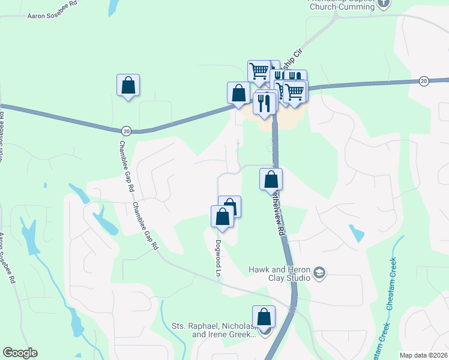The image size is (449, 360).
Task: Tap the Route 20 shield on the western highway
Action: (126, 130)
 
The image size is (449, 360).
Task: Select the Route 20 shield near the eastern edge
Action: (424, 81)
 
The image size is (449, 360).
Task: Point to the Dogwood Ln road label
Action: (218, 258)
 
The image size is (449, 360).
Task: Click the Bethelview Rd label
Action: (278, 217)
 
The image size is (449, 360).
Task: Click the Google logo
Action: (20, 353)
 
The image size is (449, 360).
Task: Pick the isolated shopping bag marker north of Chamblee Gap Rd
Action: (128, 85)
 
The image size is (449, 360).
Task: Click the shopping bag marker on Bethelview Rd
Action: (271, 179)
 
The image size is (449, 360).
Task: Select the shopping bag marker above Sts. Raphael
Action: (264, 317)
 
